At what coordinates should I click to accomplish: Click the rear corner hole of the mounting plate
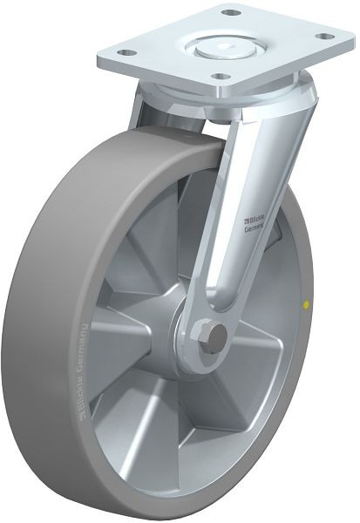[x=231, y=13]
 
